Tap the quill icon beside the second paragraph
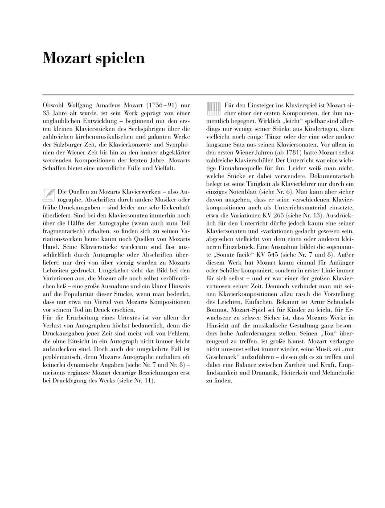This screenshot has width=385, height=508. (x=49, y=195)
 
